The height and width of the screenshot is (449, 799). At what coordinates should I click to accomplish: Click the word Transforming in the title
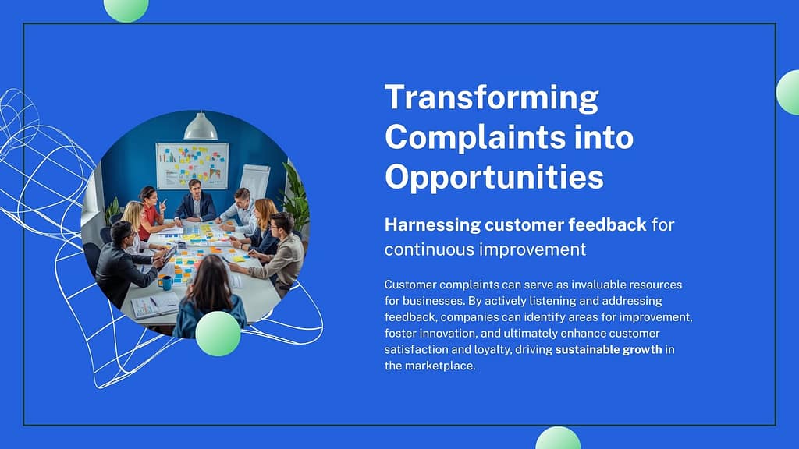pos(492,97)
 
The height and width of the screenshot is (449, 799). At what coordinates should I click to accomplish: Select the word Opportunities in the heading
pos(494,178)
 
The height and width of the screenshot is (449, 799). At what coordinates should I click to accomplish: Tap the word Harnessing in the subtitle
pos(432,225)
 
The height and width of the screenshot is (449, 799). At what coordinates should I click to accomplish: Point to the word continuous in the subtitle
pos(429,249)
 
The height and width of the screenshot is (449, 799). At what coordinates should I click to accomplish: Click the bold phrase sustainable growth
pos(609,349)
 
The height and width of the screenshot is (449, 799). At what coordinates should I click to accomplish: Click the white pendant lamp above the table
pos(201,126)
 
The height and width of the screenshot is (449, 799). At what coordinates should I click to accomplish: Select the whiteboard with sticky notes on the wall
pos(192,166)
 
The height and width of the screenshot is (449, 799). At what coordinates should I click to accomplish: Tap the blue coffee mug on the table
pos(165,282)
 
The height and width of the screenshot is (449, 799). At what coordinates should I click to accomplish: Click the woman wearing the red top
pos(151,213)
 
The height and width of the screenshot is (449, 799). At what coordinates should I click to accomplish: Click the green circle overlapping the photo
pos(218,334)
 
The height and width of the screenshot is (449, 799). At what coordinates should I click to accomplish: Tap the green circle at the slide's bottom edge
pos(558,438)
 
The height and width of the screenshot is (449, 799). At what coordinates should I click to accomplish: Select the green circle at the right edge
pos(788,93)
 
